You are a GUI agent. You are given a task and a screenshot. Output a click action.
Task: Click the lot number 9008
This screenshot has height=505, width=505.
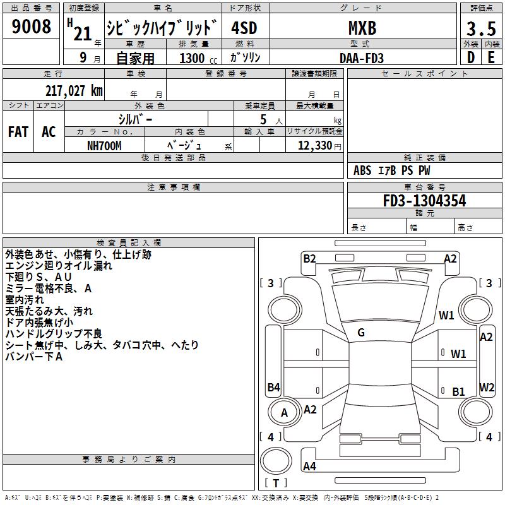(x=32, y=27)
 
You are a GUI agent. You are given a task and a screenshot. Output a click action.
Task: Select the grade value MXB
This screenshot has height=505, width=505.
(x=362, y=28)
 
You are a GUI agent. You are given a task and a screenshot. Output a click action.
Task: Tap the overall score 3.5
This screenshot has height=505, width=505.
(x=480, y=28)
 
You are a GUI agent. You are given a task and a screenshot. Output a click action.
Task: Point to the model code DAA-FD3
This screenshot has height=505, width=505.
(x=362, y=58)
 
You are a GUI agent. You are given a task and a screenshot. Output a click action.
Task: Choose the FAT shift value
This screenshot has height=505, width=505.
(x=18, y=132)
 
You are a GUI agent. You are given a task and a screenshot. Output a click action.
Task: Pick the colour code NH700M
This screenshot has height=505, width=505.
(x=104, y=146)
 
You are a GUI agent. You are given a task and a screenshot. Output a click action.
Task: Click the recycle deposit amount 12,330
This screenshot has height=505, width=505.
(x=314, y=146)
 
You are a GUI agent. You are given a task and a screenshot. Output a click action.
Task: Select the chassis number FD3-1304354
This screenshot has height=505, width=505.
(x=425, y=201)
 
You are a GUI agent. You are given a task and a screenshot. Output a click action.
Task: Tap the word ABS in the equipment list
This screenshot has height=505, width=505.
(x=362, y=170)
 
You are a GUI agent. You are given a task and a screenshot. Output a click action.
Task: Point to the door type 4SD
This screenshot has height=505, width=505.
(x=244, y=28)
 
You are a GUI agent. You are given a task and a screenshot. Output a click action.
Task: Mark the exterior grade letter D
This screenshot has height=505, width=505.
(x=470, y=58)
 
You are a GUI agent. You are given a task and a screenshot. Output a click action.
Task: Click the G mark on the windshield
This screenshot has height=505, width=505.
(x=361, y=333)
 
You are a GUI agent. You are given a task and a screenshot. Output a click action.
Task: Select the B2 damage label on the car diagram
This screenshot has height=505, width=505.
(x=309, y=258)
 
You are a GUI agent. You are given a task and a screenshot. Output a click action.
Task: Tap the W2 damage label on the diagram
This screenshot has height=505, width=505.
(x=487, y=387)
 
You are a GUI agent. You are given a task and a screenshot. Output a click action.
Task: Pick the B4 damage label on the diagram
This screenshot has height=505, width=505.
(x=273, y=387)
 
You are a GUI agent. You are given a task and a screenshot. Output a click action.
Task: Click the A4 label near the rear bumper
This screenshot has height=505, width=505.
(x=309, y=466)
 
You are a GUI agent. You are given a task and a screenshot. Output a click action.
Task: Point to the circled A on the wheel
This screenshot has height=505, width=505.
(x=284, y=413)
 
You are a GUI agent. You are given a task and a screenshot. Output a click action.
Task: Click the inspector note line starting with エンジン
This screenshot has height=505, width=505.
(x=59, y=266)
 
